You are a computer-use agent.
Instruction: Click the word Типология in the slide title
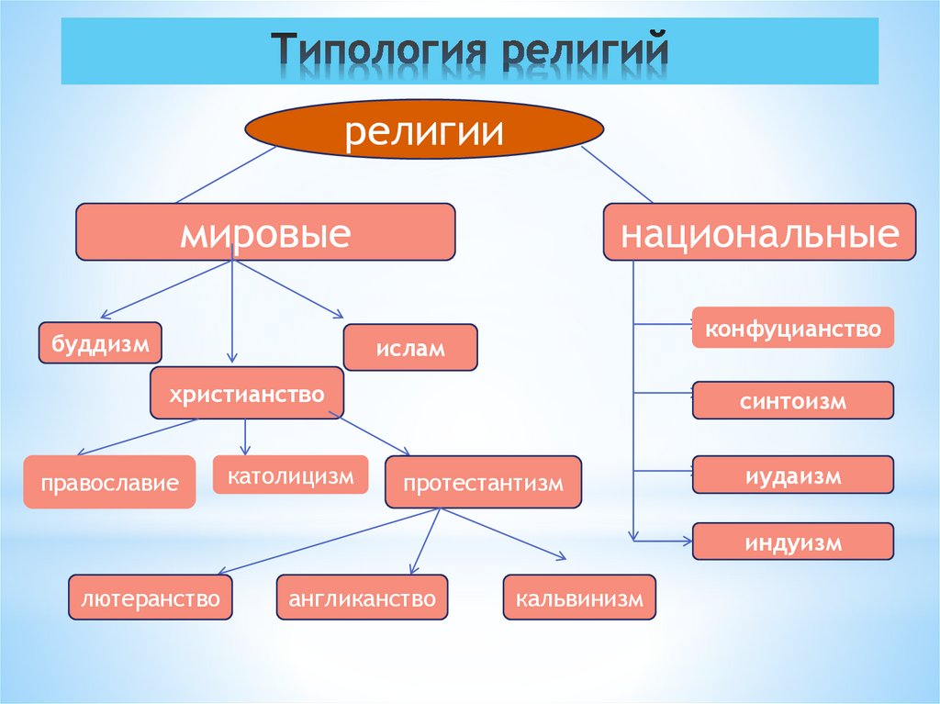click(378, 52)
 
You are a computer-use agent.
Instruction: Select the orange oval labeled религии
click(423, 131)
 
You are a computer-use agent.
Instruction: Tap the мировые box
click(265, 232)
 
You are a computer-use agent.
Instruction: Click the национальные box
click(758, 231)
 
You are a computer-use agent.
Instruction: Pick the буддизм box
click(100, 343)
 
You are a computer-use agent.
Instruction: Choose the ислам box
click(409, 347)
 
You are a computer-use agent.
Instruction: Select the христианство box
click(247, 394)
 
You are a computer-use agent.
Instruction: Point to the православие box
click(109, 481)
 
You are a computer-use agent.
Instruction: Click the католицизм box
click(290, 475)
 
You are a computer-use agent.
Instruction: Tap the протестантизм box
click(483, 482)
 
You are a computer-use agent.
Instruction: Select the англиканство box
click(362, 598)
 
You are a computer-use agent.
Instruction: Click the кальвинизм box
click(579, 598)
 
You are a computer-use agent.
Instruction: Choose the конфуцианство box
click(792, 328)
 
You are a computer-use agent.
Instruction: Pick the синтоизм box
click(792, 400)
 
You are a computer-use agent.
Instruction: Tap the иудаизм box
click(792, 475)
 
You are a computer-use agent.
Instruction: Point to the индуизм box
click(792, 542)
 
